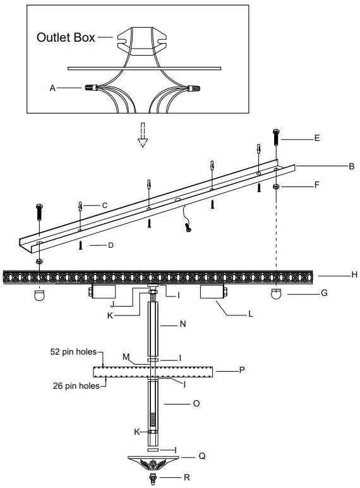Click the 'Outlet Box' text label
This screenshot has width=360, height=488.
(66, 37)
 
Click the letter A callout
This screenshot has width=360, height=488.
(53, 89)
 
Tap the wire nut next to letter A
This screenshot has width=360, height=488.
(89, 88)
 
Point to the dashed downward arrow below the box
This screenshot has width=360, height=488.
(143, 134)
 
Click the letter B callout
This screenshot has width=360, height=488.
(351, 168)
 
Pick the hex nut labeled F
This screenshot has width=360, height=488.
(277, 186)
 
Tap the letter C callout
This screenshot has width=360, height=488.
(105, 205)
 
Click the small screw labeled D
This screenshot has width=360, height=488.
(81, 246)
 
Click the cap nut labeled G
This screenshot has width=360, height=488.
(276, 294)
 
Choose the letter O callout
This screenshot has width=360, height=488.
(196, 403)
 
